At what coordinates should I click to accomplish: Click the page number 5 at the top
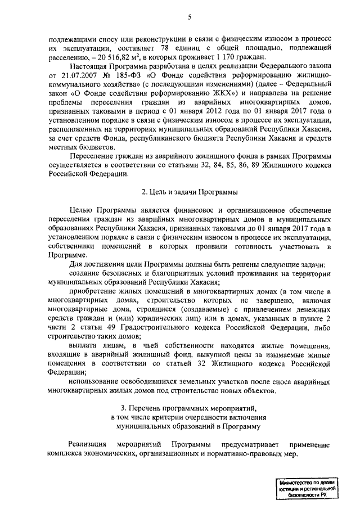tap(190, 17)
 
